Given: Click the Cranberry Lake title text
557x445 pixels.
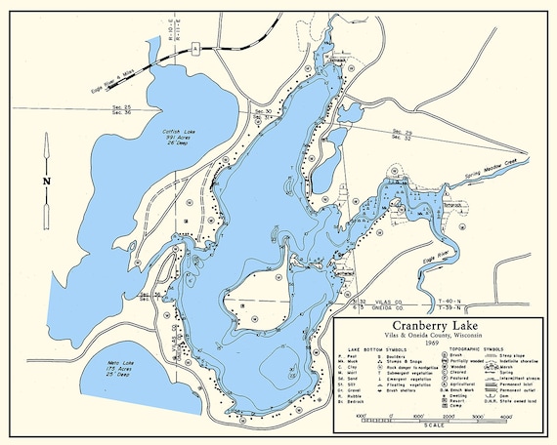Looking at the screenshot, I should (436, 326).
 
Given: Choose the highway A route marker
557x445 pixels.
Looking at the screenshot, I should (197, 47).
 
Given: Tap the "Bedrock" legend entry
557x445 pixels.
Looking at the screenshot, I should (353, 400).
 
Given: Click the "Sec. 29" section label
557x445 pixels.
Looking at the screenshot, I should (401, 131).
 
